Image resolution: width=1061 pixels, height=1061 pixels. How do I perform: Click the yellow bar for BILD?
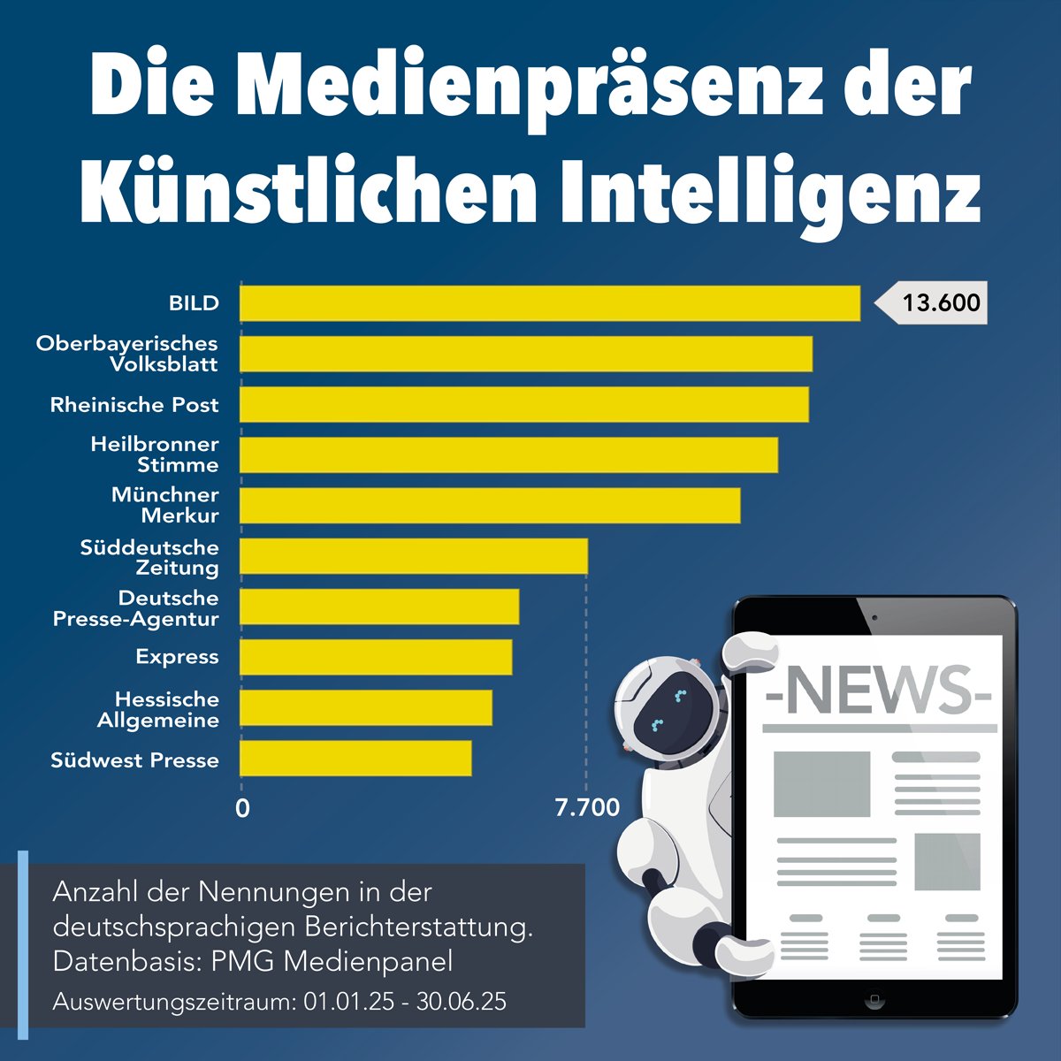[549, 303]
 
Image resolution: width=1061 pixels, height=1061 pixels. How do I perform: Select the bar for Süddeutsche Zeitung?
[413, 556]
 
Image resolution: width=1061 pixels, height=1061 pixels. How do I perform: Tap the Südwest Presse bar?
[355, 759]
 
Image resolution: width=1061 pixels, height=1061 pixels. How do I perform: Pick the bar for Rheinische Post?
[523, 404]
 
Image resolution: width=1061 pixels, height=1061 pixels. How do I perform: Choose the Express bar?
[376, 657]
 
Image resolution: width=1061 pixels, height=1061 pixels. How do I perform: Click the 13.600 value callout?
[939, 303]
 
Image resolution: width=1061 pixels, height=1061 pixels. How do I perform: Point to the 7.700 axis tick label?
[587, 807]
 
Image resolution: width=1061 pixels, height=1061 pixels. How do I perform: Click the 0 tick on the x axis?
[242, 807]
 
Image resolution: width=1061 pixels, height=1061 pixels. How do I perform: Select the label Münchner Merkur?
[165, 505]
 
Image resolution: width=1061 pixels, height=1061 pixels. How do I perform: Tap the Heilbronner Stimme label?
[155, 454]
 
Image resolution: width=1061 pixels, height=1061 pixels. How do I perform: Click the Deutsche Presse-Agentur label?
[136, 608]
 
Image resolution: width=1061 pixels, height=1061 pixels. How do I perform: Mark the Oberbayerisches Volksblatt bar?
[525, 354]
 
